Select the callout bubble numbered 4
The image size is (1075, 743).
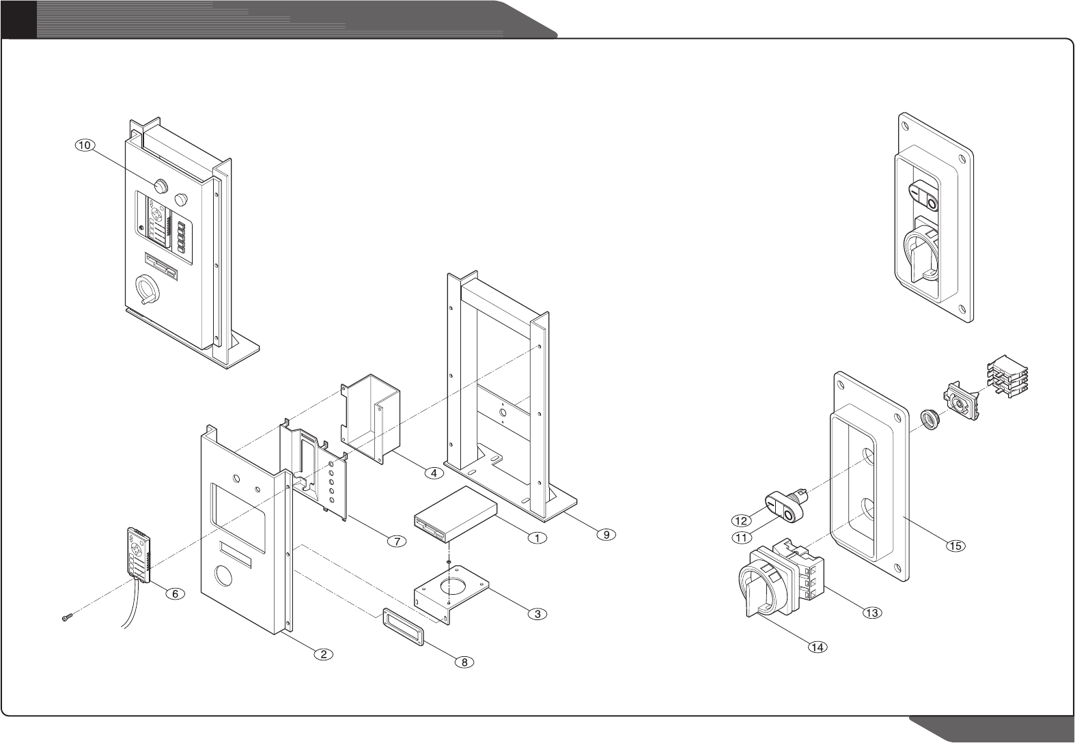[432, 472]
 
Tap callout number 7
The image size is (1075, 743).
[395, 541]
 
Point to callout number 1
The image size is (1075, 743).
[537, 537]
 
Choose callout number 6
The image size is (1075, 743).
[175, 594]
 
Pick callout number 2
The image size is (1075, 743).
[323, 654]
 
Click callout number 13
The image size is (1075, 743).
[871, 613]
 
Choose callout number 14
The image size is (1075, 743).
[817, 646]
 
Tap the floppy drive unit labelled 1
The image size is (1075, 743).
[454, 514]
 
